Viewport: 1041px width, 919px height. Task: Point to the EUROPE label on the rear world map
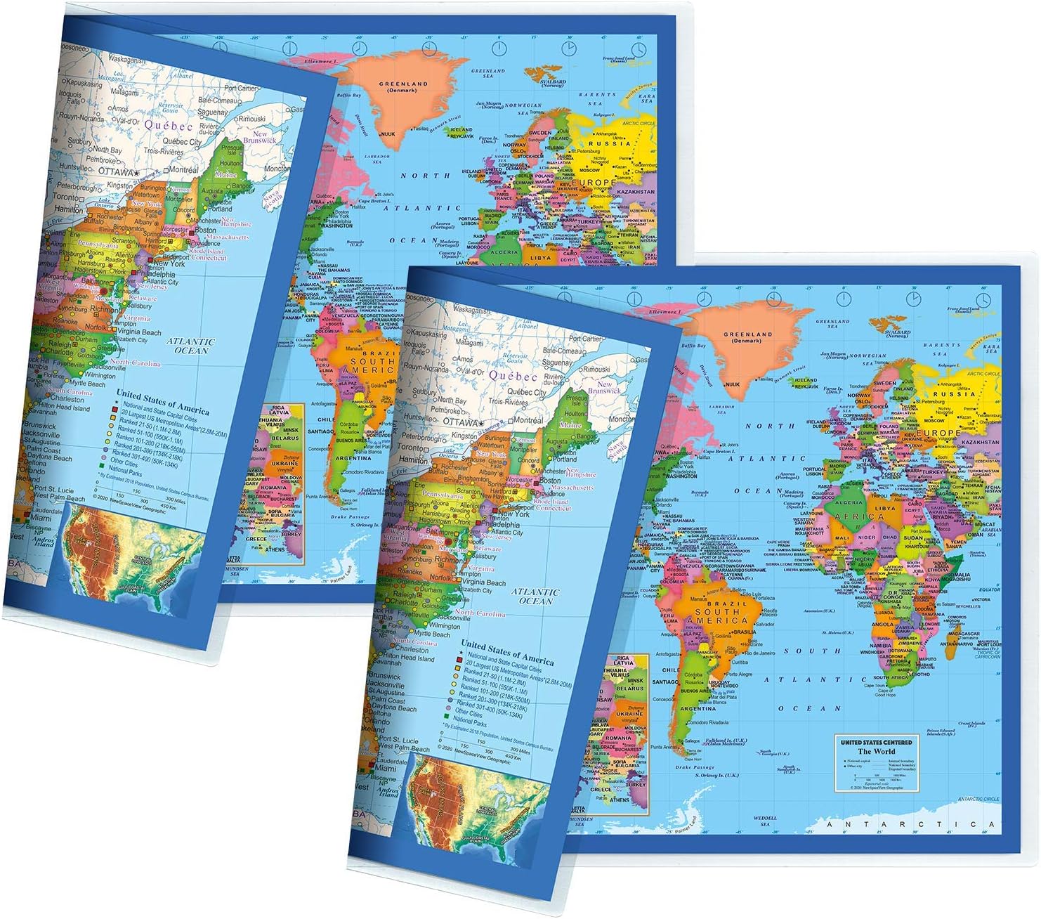pyautogui.click(x=596, y=183)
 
